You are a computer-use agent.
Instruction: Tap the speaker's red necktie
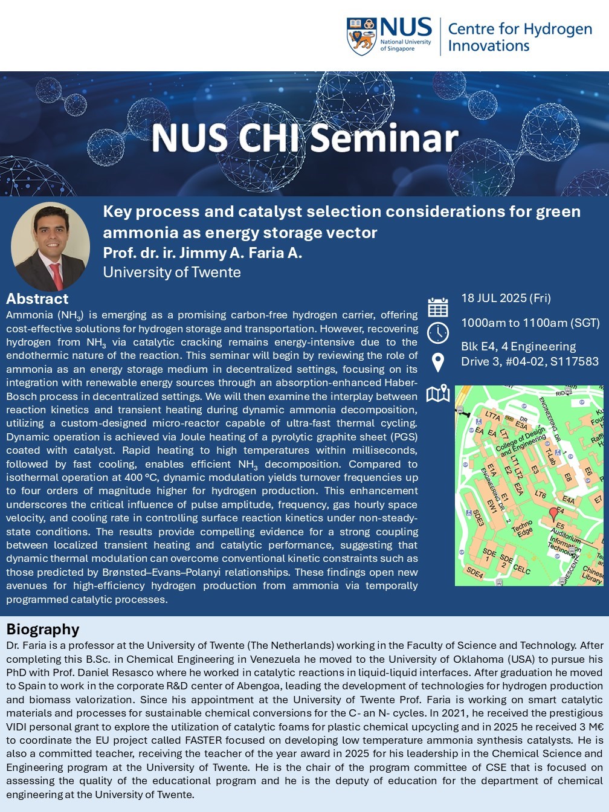point(57,275)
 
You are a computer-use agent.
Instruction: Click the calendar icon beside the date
point(438,307)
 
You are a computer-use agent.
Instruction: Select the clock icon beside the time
point(438,333)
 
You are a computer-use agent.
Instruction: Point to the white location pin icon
point(438,362)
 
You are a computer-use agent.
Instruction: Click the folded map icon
point(438,393)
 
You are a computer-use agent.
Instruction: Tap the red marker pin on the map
point(553,514)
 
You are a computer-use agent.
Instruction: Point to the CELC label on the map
point(522,569)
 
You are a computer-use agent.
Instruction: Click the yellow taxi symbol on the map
point(509,418)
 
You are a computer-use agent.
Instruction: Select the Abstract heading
point(37,298)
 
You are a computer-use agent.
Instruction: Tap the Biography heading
point(43,630)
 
